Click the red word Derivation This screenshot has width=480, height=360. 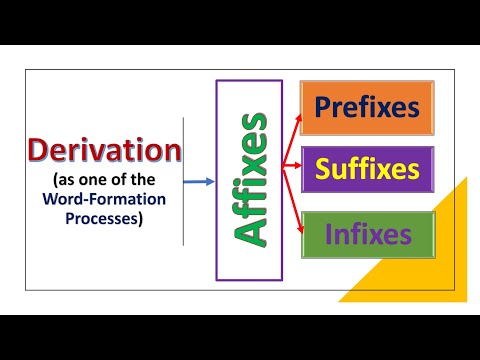coord(105,151)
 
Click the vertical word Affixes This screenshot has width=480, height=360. coord(249,180)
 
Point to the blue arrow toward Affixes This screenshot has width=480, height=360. coord(200,181)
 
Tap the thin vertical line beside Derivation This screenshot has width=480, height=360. coord(184,180)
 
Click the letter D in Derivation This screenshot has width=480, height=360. coord(38,151)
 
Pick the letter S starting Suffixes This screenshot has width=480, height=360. coord(322,169)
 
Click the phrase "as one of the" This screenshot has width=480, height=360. coord(104,180)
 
